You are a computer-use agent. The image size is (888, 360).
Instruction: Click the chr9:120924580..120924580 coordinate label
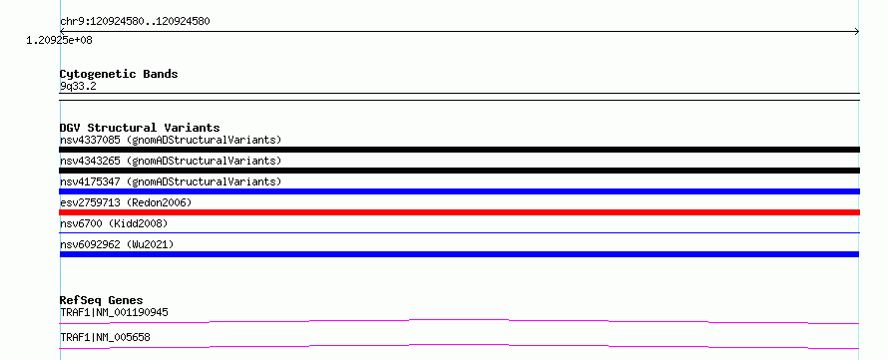pos(135,22)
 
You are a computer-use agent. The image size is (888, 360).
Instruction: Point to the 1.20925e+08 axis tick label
pos(60,41)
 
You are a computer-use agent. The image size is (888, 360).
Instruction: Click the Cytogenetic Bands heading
pos(119,74)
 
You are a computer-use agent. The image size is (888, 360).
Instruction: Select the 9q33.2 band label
pos(78,86)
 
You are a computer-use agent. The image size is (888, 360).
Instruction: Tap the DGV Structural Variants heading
pos(140,128)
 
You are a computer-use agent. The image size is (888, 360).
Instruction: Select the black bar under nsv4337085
pos(459,150)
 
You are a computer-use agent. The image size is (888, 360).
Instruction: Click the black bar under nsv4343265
pos(459,171)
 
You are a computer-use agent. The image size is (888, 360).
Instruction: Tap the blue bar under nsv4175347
pos(459,191)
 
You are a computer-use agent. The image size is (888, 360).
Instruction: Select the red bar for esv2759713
pos(459,212)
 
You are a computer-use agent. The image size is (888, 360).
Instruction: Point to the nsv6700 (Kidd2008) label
pos(114,223)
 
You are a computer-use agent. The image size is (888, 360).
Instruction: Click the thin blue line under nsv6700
pos(459,232)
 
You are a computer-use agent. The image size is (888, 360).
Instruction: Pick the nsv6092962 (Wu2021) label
pos(117,244)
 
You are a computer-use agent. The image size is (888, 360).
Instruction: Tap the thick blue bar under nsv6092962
pos(459,254)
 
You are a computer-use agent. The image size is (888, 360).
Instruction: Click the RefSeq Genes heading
pos(102,300)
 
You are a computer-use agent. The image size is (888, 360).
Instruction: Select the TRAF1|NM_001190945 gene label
pos(114,312)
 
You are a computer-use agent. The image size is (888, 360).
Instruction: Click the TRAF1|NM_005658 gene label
pos(105,338)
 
